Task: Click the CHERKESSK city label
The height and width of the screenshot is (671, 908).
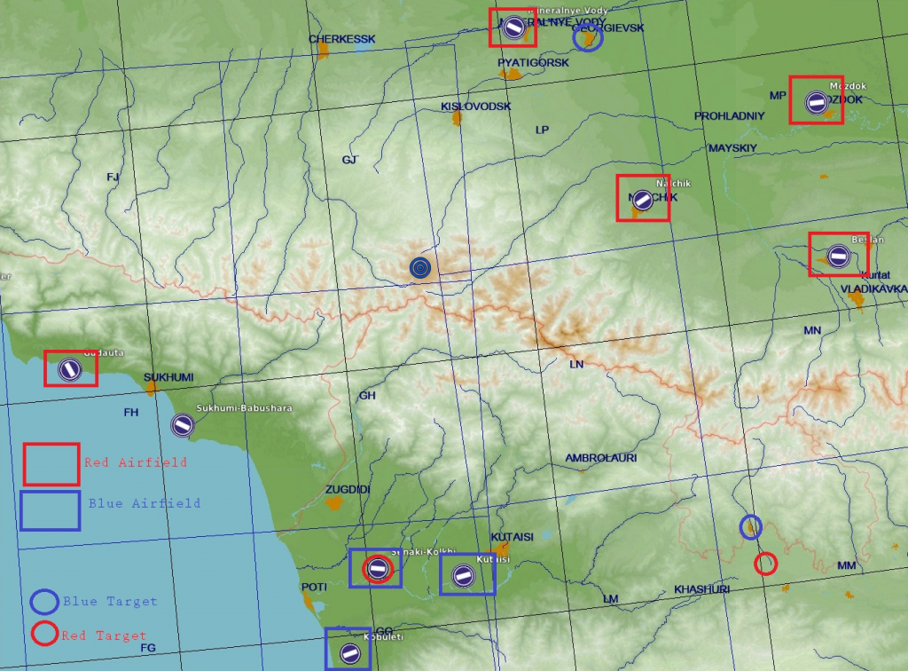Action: pyautogui.click(x=342, y=39)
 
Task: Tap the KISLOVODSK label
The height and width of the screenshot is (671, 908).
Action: pyautogui.click(x=476, y=107)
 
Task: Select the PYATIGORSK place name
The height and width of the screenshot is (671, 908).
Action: pyautogui.click(x=533, y=63)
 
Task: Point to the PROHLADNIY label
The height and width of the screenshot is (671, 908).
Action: pyautogui.click(x=729, y=116)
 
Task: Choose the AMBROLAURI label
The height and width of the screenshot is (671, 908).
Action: pyautogui.click(x=601, y=458)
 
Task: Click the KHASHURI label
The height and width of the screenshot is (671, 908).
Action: pyautogui.click(x=701, y=589)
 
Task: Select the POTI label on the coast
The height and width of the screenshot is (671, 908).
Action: pyautogui.click(x=314, y=587)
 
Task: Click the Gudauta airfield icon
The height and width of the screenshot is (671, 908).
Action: pyautogui.click(x=68, y=368)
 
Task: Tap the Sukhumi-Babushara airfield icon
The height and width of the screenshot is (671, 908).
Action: pyautogui.click(x=184, y=425)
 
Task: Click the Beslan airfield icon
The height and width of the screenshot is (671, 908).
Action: pyautogui.click(x=838, y=257)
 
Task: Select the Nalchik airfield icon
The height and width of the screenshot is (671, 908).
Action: pyautogui.click(x=644, y=200)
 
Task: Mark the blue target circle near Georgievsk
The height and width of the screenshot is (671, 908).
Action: pyautogui.click(x=587, y=37)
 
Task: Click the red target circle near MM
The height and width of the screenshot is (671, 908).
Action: pyautogui.click(x=765, y=564)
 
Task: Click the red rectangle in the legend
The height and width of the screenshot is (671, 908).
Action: pyautogui.click(x=51, y=464)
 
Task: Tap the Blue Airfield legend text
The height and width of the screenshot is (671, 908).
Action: pyautogui.click(x=144, y=503)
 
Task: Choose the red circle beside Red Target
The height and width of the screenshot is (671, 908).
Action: pyautogui.click(x=44, y=635)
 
